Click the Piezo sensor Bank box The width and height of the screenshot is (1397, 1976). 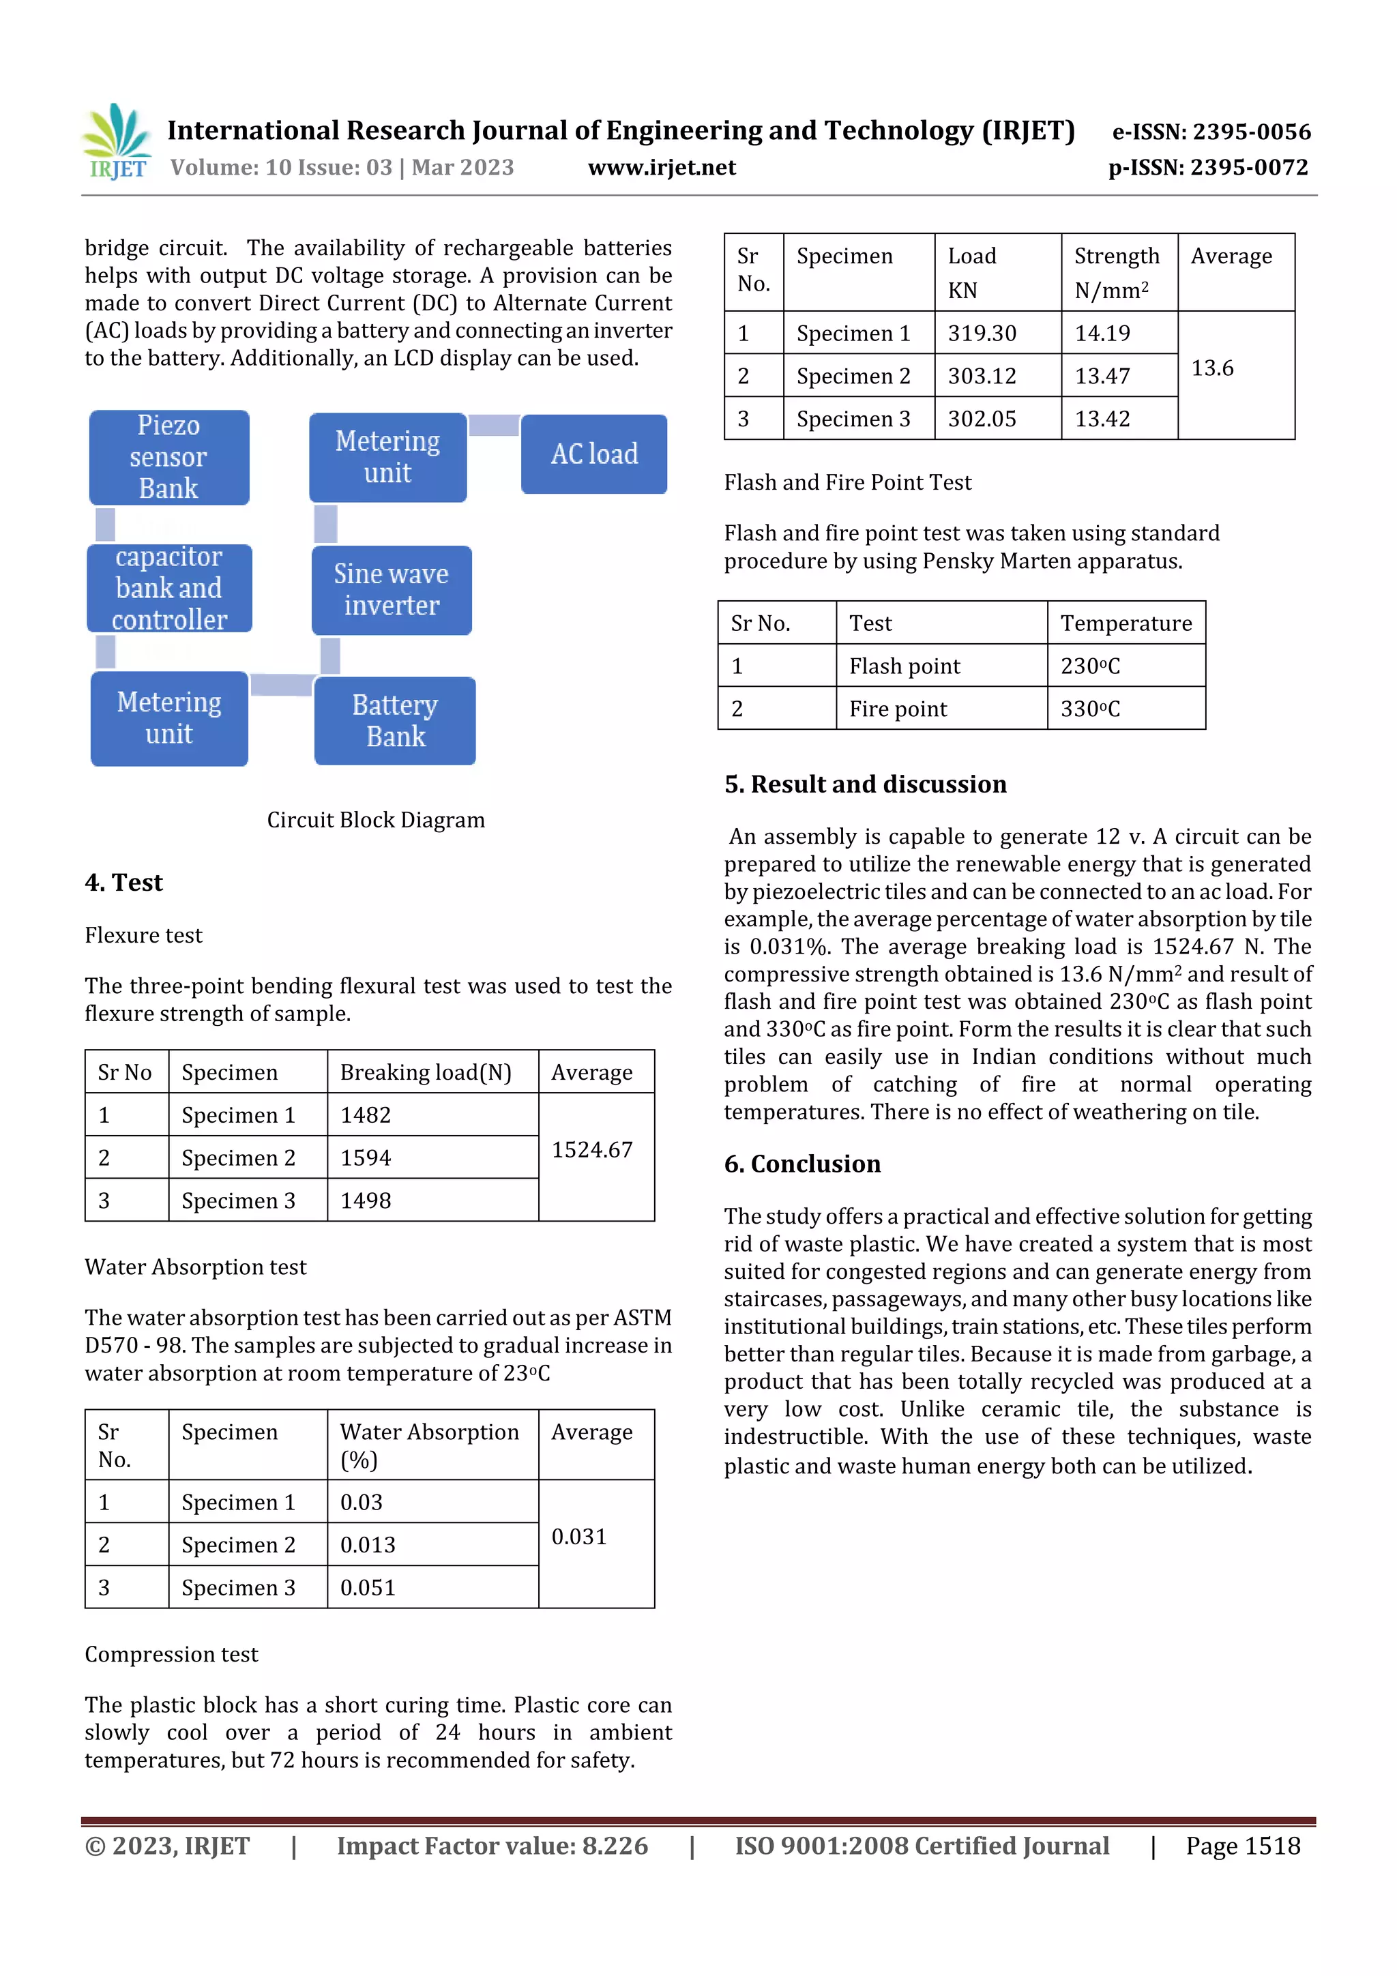pos(168,457)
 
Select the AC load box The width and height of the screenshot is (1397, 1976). pos(594,454)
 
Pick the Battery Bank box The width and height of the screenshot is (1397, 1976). pos(395,721)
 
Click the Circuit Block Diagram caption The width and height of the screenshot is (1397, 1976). pos(375,820)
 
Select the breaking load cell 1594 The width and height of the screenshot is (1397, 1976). pos(366,1157)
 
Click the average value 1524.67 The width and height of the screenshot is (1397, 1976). pos(592,1150)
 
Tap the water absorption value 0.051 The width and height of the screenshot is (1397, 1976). pos(368,1588)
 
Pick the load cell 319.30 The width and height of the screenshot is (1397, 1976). pos(982,333)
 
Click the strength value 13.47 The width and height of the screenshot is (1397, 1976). pos(1102,376)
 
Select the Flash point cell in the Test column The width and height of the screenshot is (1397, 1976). pos(905,666)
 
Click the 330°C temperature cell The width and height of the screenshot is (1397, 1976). pos(1090,709)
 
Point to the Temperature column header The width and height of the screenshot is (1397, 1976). pos(1126,623)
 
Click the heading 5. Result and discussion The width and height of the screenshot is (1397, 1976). pos(865,784)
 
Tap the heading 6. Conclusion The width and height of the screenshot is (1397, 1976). pos(802,1164)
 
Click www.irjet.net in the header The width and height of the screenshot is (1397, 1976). pos(662,167)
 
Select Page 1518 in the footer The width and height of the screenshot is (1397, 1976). pos(1242,1846)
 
